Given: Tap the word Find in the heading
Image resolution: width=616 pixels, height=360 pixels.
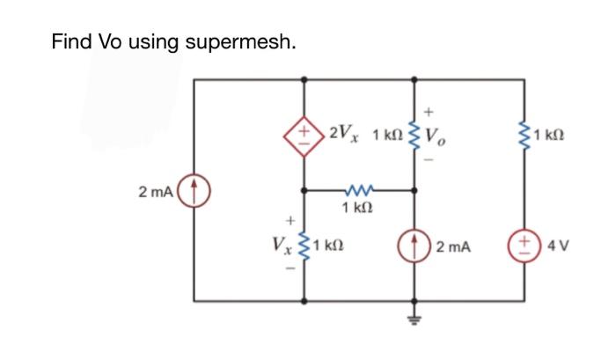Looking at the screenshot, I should (x=71, y=40).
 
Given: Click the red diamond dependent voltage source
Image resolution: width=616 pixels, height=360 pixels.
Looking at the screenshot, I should (x=305, y=137).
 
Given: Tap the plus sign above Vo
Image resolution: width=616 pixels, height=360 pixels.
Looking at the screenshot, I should (x=429, y=112).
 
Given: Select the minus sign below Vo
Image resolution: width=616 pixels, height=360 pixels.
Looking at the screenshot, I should (x=429, y=160).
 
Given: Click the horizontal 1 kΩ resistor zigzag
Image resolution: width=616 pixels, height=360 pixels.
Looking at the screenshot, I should (x=361, y=188).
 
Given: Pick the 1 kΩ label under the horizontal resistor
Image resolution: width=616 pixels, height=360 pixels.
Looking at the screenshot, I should (x=361, y=209).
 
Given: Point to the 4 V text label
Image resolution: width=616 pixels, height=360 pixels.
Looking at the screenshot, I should (x=559, y=246).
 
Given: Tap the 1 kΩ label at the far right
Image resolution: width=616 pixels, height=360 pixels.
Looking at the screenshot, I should (x=560, y=136).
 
